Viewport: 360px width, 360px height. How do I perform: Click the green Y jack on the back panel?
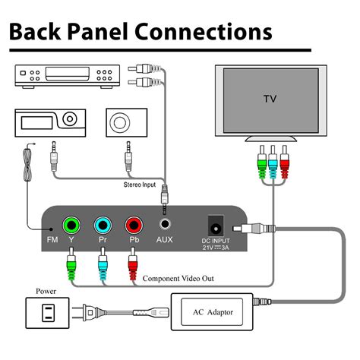71,226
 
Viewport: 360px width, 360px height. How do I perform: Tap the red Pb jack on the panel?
134,226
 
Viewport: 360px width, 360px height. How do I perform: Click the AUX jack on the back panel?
165,226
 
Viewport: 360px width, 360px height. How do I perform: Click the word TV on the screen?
270,99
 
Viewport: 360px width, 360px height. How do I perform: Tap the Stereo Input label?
144,184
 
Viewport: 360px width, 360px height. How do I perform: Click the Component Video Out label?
178,279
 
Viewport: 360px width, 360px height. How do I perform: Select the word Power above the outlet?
46,289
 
